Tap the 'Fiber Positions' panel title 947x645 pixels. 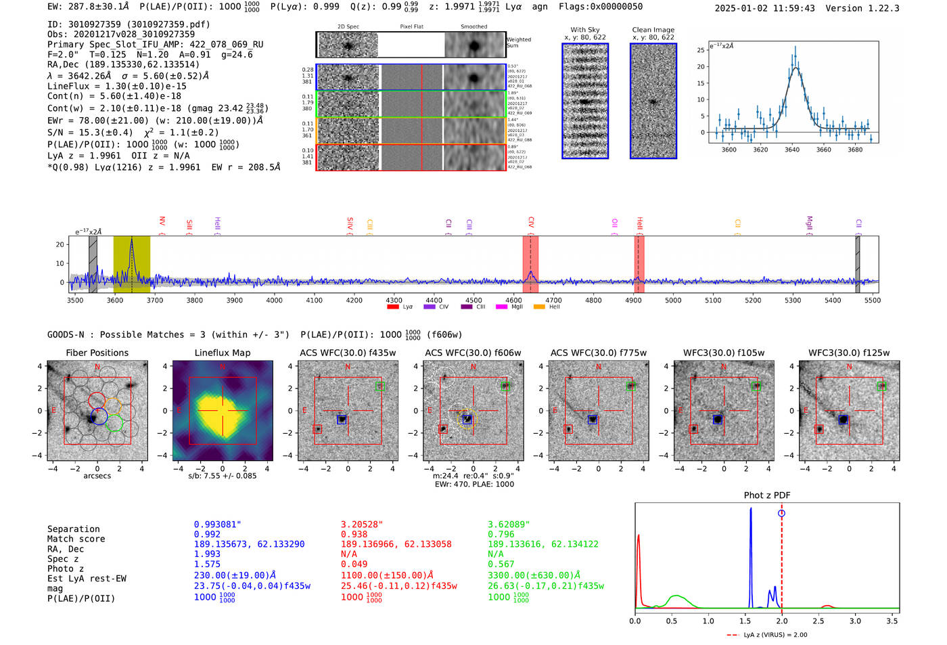click(x=97, y=353)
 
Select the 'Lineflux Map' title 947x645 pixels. click(x=222, y=353)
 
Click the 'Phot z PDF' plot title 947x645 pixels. click(x=767, y=495)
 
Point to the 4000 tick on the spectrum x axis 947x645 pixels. click(x=274, y=300)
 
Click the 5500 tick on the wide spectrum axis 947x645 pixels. click(x=872, y=300)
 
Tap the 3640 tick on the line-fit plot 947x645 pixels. click(x=792, y=150)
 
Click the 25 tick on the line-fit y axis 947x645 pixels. click(x=701, y=50)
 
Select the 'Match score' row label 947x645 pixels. click(x=76, y=539)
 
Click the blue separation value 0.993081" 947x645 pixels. click(x=217, y=525)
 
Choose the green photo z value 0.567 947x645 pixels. click(x=501, y=564)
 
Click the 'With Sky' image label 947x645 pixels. click(x=585, y=30)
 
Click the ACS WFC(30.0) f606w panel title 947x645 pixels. click(x=473, y=353)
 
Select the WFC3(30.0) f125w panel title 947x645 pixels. click(x=849, y=353)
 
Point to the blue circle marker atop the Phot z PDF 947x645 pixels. click(x=781, y=513)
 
